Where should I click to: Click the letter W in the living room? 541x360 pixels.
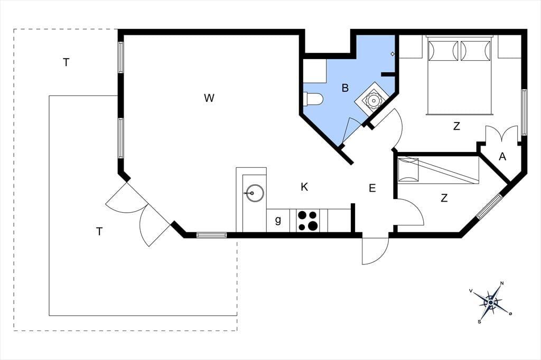pyautogui.click(x=209, y=98)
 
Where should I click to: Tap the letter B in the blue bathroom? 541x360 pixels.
pyautogui.click(x=345, y=88)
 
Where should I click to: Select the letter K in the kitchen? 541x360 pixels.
pyautogui.click(x=304, y=187)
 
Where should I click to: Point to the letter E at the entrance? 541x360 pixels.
pyautogui.click(x=372, y=188)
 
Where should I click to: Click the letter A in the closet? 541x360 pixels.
pyautogui.click(x=502, y=157)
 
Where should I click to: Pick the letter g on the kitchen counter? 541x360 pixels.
pyautogui.click(x=278, y=220)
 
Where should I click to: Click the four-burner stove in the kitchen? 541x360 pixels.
pyautogui.click(x=308, y=220)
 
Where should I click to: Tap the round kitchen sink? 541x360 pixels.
pyautogui.click(x=255, y=193)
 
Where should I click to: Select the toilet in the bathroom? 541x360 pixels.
pyautogui.click(x=313, y=99)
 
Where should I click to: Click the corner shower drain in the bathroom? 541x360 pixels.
pyautogui.click(x=372, y=100)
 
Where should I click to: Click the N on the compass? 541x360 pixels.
pyautogui.click(x=502, y=283)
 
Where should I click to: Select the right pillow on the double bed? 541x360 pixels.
pyautogui.click(x=475, y=51)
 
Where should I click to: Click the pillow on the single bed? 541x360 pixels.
pyautogui.click(x=408, y=169)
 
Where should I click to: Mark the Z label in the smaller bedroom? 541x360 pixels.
pyautogui.click(x=444, y=198)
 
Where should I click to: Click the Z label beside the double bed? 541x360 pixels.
pyautogui.click(x=456, y=126)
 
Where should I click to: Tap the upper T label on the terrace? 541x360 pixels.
pyautogui.click(x=66, y=62)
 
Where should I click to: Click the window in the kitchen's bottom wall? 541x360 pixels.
pyautogui.click(x=211, y=235)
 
